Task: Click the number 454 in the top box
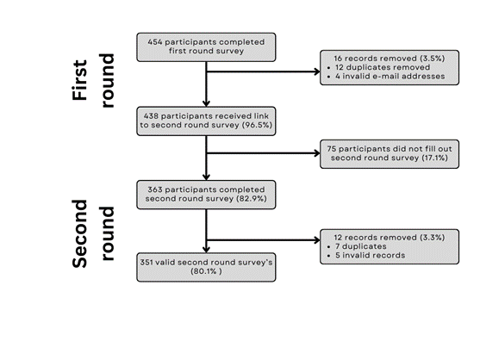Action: [154, 42]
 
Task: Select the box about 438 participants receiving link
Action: [206, 121]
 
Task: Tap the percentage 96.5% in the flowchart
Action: [257, 125]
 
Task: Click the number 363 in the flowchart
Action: [155, 189]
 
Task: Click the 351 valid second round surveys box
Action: [206, 267]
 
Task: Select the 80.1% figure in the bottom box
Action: [206, 271]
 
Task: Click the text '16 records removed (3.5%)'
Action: [390, 59]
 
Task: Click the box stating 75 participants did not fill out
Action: [390, 154]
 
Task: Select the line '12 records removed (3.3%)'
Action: [390, 238]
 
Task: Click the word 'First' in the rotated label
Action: [80, 80]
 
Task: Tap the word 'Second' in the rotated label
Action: [80, 234]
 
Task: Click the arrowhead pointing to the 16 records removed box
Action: [317, 71]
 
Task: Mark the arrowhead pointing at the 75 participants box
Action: [317, 153]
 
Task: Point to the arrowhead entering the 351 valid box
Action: [206, 250]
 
